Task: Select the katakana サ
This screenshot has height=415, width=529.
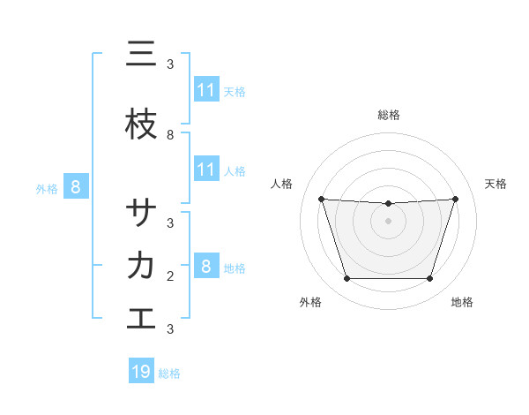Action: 141,213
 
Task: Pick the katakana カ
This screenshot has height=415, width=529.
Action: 141,265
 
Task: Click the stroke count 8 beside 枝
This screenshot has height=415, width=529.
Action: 170,135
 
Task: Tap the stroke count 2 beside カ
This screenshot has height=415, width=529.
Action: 170,276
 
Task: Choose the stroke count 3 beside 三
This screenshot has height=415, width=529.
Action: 170,64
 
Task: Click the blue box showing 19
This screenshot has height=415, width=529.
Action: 141,372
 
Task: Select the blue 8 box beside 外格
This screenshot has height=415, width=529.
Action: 76,186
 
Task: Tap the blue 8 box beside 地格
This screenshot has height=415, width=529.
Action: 205,266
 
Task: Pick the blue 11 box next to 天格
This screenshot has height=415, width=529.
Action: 206,90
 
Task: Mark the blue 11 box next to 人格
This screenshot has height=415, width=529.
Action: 206,170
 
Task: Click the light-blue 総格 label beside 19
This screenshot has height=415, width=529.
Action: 169,373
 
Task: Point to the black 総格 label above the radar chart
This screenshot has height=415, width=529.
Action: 388,115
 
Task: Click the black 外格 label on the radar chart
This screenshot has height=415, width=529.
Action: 310,303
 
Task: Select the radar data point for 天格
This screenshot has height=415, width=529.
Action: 456,199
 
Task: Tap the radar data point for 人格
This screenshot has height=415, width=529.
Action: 321,199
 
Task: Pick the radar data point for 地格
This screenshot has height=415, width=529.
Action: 430,279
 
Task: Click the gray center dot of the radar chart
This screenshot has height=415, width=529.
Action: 388,221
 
